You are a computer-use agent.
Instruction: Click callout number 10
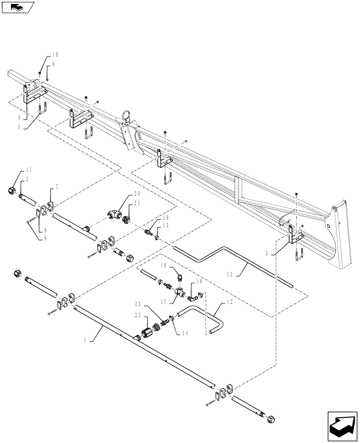[x=55, y=55]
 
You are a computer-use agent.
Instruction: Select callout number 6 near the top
[x=54, y=64]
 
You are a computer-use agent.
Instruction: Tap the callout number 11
[x=29, y=170]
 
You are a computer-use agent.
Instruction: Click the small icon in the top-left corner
[x=18, y=7]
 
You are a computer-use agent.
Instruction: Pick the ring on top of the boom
[x=127, y=116]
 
